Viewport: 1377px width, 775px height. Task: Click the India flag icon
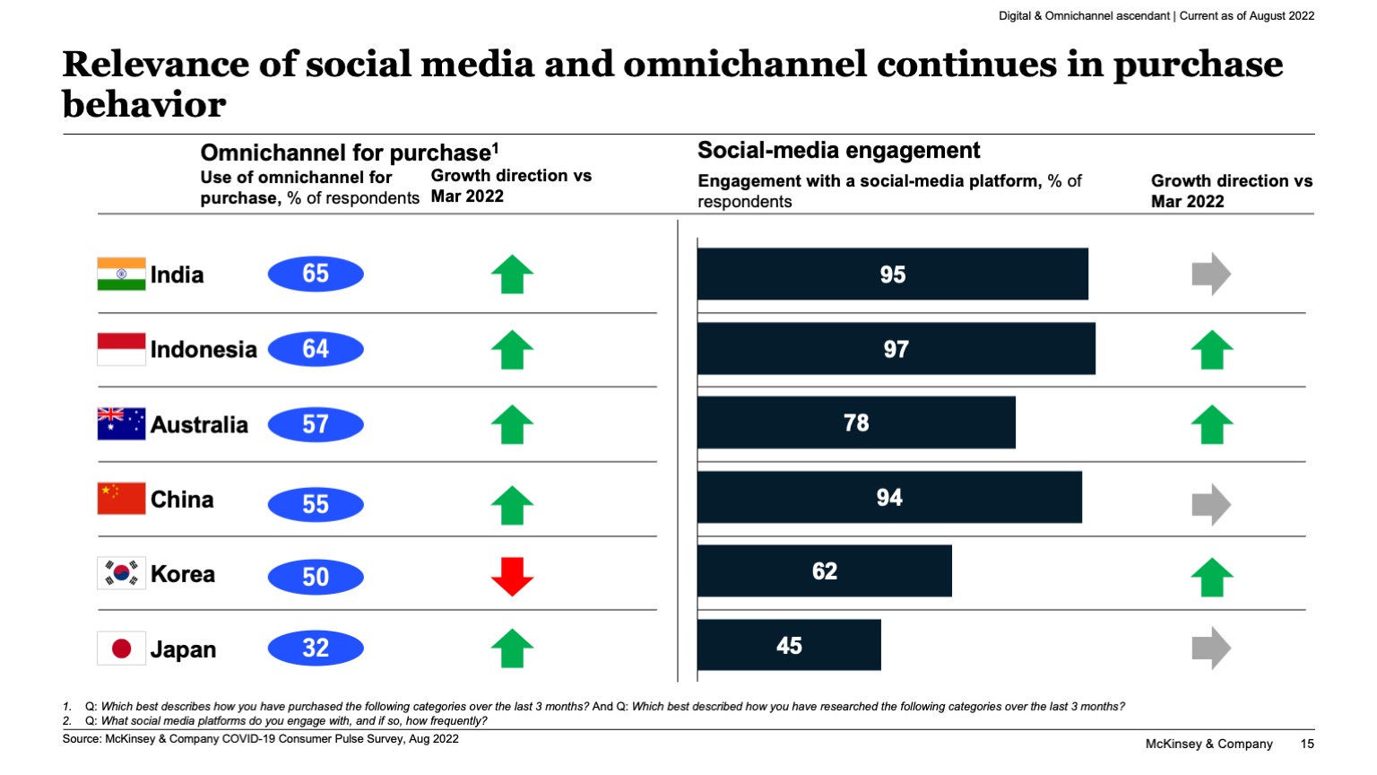(x=121, y=274)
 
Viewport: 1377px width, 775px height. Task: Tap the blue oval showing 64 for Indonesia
(x=316, y=349)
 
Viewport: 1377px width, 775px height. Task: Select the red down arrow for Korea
(x=512, y=576)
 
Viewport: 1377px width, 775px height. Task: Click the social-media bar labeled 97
(x=896, y=349)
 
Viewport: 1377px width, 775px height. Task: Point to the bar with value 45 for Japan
(x=789, y=645)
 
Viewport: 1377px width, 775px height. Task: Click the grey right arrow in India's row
(x=1211, y=274)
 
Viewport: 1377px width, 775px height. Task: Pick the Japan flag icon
(x=121, y=649)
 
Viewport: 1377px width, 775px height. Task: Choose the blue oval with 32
(x=316, y=648)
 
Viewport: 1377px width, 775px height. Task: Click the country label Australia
(x=199, y=424)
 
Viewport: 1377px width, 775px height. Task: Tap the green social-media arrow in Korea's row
(x=1211, y=577)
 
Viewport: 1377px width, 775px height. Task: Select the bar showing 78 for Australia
(x=856, y=422)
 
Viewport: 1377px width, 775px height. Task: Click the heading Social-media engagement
(x=838, y=151)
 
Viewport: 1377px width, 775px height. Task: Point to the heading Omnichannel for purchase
(x=349, y=152)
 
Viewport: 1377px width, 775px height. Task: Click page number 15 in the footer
(x=1307, y=744)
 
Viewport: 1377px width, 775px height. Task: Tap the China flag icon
(x=121, y=499)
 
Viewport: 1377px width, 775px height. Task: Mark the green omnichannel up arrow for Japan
(x=512, y=648)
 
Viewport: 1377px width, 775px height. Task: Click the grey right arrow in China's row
(x=1211, y=503)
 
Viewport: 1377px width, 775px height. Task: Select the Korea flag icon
(x=121, y=574)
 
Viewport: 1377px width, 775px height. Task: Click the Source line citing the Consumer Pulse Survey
(x=260, y=739)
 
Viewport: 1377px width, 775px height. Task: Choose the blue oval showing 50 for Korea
(x=316, y=577)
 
